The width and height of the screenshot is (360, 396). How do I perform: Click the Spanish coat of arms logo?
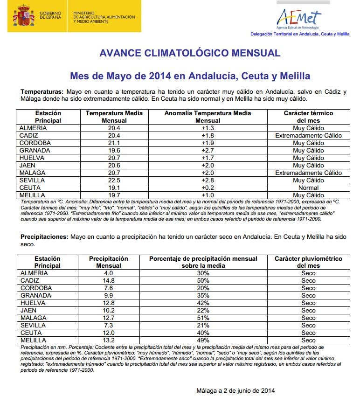[24, 16]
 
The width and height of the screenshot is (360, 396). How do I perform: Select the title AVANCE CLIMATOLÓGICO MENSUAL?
[190, 53]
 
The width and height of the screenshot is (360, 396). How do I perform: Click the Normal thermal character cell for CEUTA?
[308, 188]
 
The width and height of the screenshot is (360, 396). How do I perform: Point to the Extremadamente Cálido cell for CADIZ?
[308, 135]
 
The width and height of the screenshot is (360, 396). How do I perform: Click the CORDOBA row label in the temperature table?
[35, 143]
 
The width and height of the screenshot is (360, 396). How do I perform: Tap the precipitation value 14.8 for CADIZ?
[108, 280]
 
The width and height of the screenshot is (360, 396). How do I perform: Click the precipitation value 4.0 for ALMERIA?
[108, 273]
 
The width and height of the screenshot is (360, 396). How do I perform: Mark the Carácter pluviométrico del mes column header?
[308, 262]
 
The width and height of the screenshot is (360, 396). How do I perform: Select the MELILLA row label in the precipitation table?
[33, 340]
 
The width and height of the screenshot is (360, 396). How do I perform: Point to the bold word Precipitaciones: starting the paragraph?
[44, 237]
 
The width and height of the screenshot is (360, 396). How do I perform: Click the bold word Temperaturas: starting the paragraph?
[42, 92]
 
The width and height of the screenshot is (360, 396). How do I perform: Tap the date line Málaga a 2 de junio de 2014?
[235, 390]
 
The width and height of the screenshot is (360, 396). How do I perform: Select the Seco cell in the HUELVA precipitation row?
[308, 303]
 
